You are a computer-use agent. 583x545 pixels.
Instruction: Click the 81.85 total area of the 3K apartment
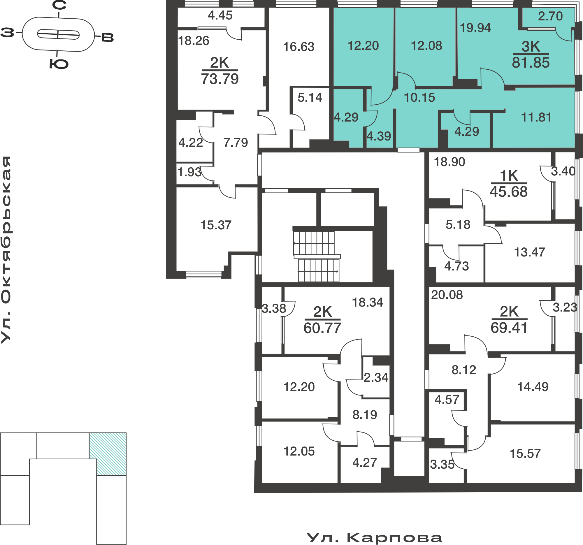tap(531, 63)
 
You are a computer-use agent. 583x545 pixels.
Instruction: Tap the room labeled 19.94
tap(475, 28)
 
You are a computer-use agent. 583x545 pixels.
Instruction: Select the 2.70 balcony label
tap(550, 16)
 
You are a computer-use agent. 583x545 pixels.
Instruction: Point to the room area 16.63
tap(298, 47)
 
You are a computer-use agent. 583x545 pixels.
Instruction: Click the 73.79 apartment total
tap(220, 79)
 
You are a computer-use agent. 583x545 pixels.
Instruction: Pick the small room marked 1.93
tap(189, 172)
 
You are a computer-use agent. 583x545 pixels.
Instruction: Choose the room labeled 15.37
tap(216, 225)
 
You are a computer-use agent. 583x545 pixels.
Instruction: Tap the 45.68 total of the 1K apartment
tap(508, 192)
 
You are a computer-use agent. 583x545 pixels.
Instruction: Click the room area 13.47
tap(529, 252)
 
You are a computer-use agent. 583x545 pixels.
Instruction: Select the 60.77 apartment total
tap(322, 328)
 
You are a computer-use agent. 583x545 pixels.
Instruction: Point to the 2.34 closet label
tap(376, 378)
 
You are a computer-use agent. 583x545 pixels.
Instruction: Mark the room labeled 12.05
tap(299, 451)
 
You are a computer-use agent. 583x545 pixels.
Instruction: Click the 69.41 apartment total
tap(509, 328)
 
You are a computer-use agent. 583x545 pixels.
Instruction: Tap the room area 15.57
tap(525, 454)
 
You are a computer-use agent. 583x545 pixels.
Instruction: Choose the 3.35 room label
tap(442, 465)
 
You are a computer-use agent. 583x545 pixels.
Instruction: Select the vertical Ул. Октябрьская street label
tap(6, 249)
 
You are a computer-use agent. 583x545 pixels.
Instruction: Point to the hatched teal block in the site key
tap(108, 454)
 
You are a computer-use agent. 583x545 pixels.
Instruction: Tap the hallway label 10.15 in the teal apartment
tap(419, 98)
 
